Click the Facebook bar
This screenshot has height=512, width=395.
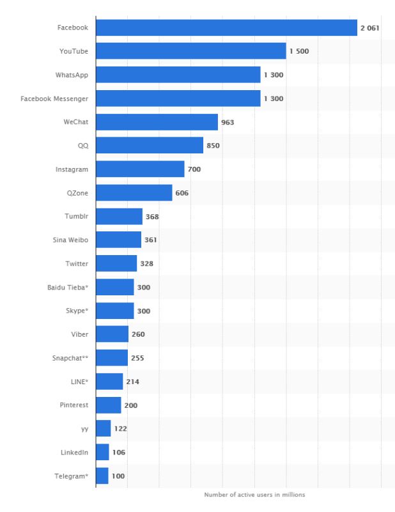(x=226, y=27)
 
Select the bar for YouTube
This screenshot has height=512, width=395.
(x=190, y=51)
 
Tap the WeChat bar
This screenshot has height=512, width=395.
(x=157, y=122)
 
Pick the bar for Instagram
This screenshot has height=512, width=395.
(x=140, y=169)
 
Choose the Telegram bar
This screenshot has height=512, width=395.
(x=102, y=476)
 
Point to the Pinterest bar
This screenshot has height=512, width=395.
(x=108, y=405)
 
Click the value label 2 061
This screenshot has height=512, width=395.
(x=371, y=28)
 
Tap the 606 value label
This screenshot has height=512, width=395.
(x=182, y=193)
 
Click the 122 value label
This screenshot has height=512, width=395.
(x=120, y=429)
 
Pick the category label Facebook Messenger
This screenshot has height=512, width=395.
(x=54, y=98)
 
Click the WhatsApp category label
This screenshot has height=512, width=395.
(x=72, y=75)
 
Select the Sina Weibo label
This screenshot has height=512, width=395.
(x=70, y=240)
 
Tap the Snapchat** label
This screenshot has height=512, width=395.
(x=70, y=358)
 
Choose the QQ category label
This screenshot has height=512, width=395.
(x=83, y=146)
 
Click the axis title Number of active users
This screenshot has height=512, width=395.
(x=254, y=495)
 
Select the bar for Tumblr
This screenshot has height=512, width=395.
(x=119, y=217)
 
